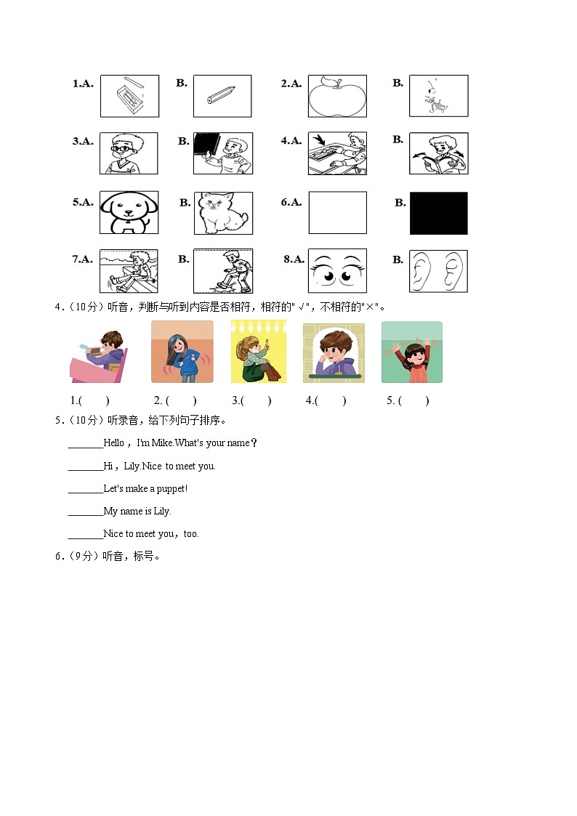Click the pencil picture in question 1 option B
tap(222, 96)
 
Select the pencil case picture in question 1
tap(129, 96)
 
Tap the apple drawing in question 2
tap(337, 96)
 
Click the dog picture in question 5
tap(129, 213)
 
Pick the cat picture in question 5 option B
tap(223, 213)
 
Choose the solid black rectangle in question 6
tap(438, 213)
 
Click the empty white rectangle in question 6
tap(337, 213)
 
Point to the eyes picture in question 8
tap(337, 271)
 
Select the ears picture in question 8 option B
tap(438, 271)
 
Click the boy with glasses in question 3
tap(129, 153)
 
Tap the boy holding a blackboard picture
tap(223, 153)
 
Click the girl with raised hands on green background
tap(412, 352)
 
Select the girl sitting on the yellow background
tap(258, 352)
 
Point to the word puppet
tap(172, 488)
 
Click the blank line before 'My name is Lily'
tap(86, 512)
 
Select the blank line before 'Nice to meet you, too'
tap(86, 535)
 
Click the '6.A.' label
tap(291, 202)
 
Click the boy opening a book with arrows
tap(438, 153)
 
